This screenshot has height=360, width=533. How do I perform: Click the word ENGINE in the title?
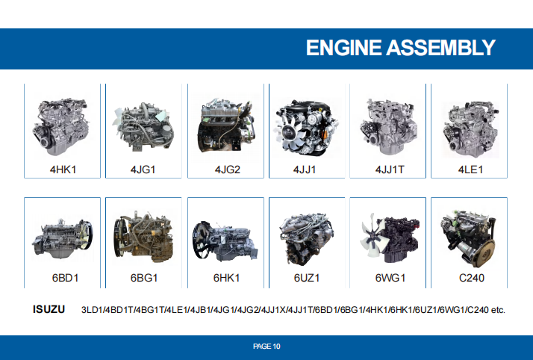[343, 47]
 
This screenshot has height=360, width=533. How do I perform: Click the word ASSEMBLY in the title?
[441, 47]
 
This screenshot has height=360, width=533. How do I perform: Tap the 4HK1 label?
[63, 170]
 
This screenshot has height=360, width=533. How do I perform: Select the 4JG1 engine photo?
[144, 126]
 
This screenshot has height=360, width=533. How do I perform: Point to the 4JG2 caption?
[228, 170]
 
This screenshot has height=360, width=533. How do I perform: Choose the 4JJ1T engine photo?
[388, 126]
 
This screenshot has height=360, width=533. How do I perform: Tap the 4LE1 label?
[470, 170]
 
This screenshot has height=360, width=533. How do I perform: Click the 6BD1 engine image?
[62, 238]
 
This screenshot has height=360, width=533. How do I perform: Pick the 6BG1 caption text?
[144, 278]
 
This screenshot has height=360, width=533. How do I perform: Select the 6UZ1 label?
[307, 278]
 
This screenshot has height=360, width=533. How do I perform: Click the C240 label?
[472, 278]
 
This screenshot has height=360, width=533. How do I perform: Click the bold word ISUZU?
[49, 309]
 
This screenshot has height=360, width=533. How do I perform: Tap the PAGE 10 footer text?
[266, 346]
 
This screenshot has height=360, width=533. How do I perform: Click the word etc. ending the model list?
[498, 310]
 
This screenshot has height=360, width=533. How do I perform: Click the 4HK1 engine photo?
[61, 126]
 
